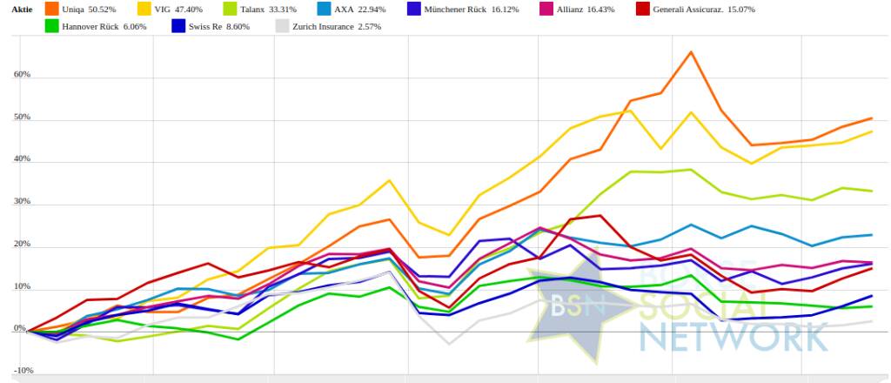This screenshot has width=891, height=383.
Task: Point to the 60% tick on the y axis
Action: click(22, 75)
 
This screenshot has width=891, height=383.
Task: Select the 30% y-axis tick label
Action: click(22, 201)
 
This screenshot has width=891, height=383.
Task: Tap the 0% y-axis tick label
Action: click(19, 329)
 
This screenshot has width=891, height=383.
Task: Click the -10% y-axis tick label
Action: click(23, 370)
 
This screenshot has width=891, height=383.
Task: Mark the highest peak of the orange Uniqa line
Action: click(691, 52)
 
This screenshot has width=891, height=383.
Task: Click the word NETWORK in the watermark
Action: click(734, 336)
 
